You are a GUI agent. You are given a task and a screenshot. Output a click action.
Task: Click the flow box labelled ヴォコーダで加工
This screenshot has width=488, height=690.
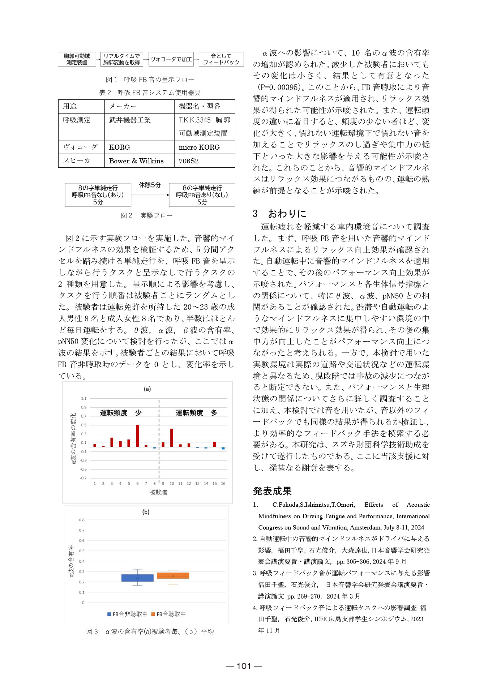click(171, 59)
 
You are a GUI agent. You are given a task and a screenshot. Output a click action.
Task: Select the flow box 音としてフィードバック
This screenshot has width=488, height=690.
click(221, 59)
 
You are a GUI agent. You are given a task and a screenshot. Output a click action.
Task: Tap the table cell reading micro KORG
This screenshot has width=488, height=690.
click(199, 147)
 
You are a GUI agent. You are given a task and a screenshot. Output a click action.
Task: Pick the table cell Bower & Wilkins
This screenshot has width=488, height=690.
click(136, 161)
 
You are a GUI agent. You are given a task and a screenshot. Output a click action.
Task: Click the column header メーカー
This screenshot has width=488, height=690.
click(123, 106)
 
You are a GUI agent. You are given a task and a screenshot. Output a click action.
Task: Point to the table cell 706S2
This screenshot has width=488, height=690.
click(189, 161)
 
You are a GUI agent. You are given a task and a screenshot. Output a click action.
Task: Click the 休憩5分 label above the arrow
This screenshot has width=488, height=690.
click(150, 185)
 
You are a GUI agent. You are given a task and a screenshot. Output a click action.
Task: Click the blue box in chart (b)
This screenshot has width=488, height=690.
click(137, 578)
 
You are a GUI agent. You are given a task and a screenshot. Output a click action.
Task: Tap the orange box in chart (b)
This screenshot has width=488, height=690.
click(173, 576)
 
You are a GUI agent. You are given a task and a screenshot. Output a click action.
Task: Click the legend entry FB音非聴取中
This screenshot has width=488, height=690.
click(127, 614)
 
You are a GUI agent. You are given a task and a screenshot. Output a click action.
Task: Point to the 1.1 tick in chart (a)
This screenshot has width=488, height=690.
click(84, 399)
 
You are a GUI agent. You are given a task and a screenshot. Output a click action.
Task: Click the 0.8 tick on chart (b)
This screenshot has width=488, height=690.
click(82, 520)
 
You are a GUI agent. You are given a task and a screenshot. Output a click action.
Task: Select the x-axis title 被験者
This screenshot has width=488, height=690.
click(159, 492)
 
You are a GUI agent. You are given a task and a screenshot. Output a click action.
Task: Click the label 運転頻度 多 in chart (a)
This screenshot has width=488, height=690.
click(196, 413)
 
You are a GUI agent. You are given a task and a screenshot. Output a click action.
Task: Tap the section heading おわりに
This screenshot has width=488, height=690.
click(287, 214)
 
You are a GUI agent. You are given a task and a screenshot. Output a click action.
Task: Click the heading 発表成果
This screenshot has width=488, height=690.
click(272, 491)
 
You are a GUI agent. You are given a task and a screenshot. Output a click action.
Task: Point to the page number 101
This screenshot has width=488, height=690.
click(244, 666)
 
